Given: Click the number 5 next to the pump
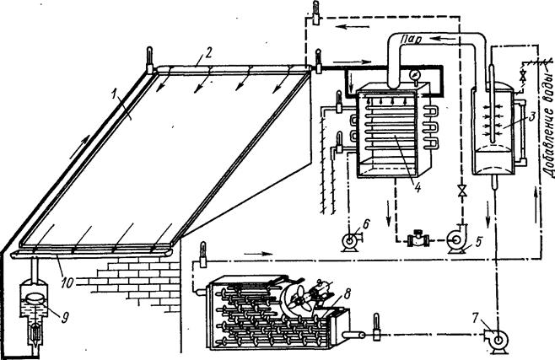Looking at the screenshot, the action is point(479,241).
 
